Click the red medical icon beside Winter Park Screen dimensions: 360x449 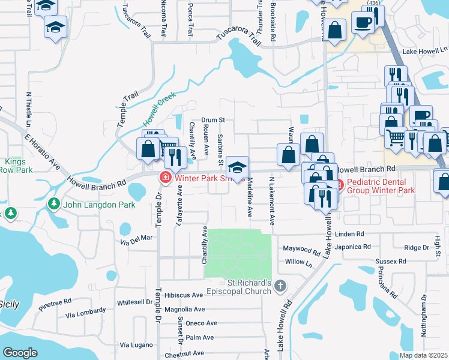coord(164,178)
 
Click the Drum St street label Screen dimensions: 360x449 coord(212,120)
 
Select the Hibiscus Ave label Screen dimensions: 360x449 coord(184,295)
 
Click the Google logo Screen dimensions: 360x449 coord(20,353)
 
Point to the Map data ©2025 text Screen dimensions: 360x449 coord(424,356)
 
